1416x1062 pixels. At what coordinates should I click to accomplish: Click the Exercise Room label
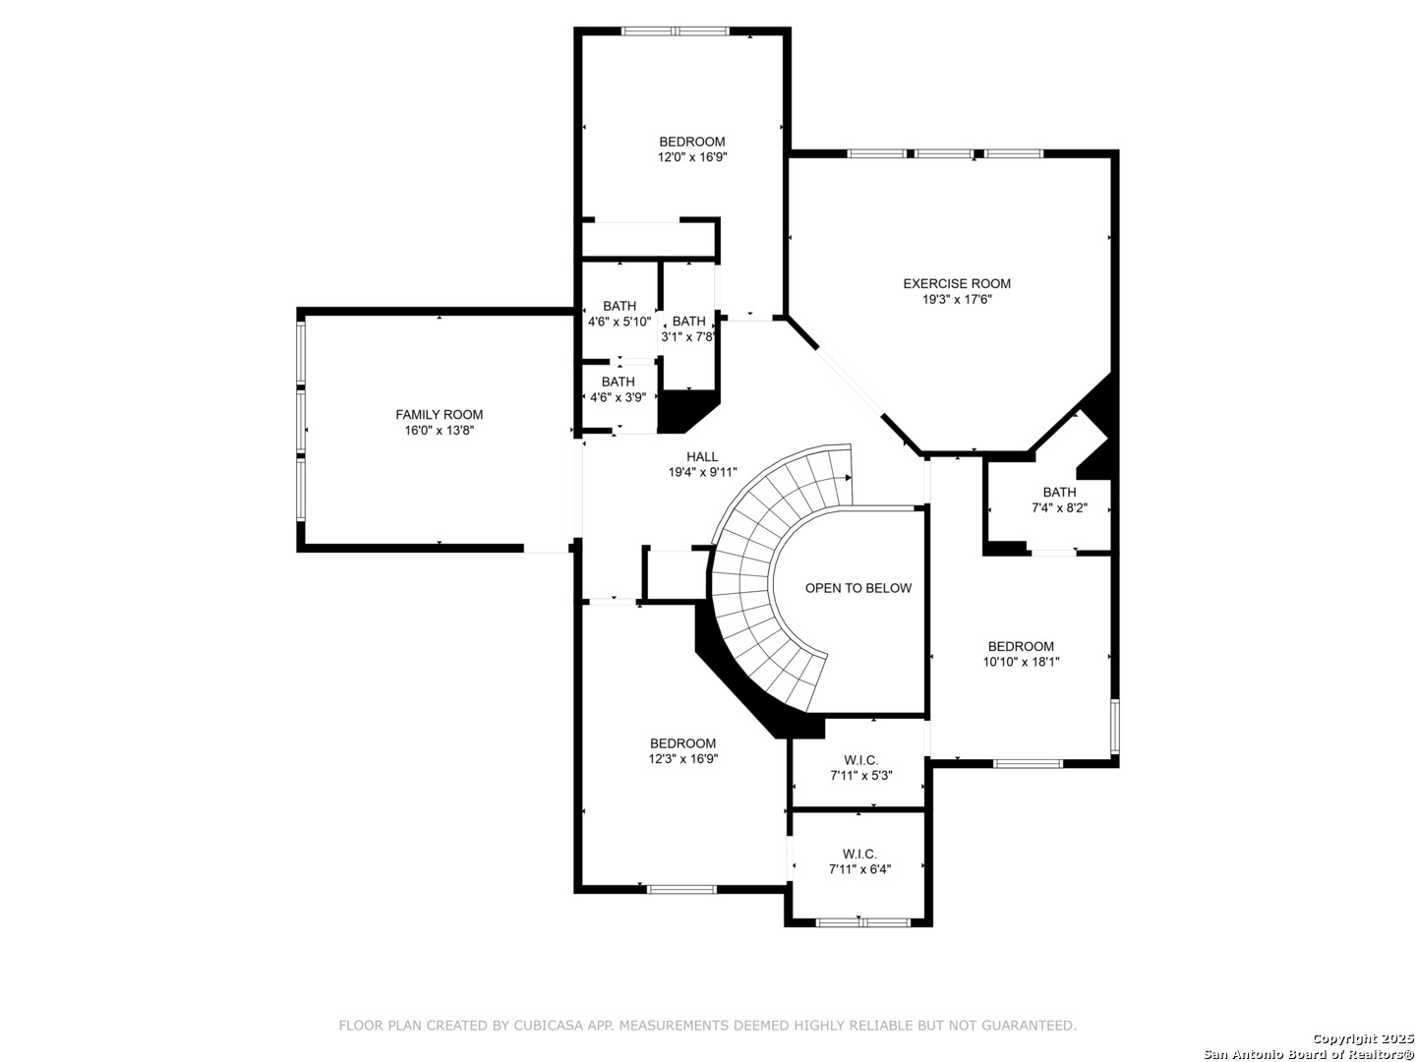[956, 284]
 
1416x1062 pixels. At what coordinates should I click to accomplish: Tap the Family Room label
[439, 415]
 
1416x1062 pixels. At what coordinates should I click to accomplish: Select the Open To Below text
[858, 588]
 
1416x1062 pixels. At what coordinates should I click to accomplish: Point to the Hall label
[702, 456]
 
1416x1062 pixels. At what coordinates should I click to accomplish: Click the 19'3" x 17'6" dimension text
[956, 299]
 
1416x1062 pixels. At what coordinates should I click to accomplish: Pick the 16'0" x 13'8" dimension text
[439, 430]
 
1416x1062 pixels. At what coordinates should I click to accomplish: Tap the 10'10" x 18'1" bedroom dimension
[1021, 662]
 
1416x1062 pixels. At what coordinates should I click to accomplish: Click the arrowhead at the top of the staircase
[849, 478]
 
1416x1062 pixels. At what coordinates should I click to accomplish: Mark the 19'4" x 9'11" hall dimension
[702, 472]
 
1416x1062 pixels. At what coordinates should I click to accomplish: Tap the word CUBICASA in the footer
[549, 1026]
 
